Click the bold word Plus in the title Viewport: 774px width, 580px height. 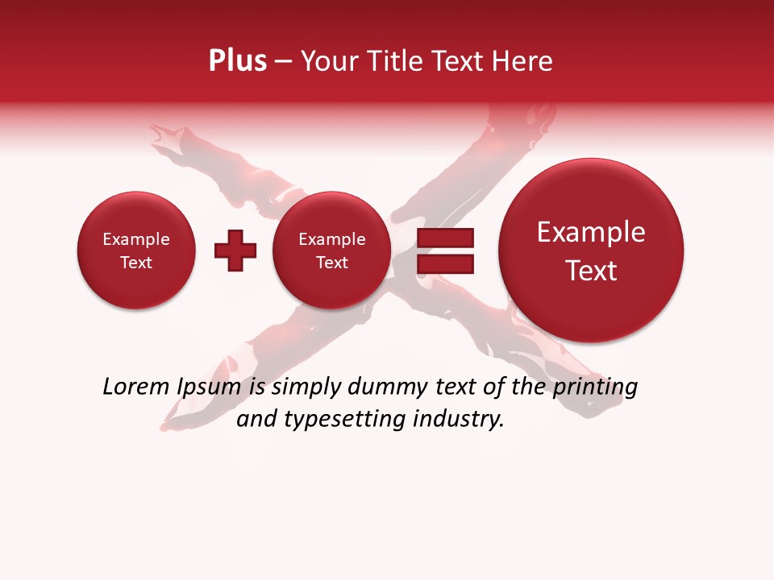237,61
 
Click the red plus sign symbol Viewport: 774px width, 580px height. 235,251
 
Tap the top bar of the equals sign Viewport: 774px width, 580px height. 444,238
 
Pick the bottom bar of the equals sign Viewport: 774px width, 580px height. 444,263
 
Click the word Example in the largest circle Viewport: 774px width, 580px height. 591,232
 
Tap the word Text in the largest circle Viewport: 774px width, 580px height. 591,271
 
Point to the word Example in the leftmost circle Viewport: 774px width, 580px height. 136,239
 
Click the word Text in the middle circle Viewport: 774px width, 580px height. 331,263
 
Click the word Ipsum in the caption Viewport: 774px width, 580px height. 210,387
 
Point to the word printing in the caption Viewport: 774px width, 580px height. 594,387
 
